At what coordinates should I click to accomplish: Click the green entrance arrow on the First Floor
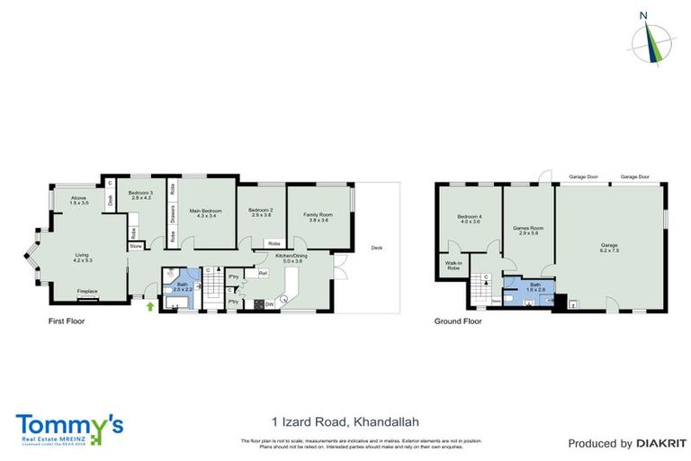tap(150, 307)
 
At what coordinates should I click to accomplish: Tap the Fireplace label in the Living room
tap(86, 292)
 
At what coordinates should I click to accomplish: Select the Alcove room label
tap(78, 200)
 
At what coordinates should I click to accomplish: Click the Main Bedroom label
tap(206, 212)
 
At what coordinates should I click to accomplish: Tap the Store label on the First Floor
tap(136, 246)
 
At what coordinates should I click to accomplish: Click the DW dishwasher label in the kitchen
tap(268, 303)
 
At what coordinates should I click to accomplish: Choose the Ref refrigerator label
tap(263, 273)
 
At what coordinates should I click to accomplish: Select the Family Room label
tap(318, 214)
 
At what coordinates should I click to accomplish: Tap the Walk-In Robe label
tap(453, 267)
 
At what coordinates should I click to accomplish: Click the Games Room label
tap(528, 229)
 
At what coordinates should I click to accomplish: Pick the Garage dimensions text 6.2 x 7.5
tap(610, 249)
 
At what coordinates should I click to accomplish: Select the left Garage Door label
tap(582, 177)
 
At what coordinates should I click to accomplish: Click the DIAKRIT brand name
tap(661, 443)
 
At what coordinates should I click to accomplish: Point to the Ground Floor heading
tap(459, 321)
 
